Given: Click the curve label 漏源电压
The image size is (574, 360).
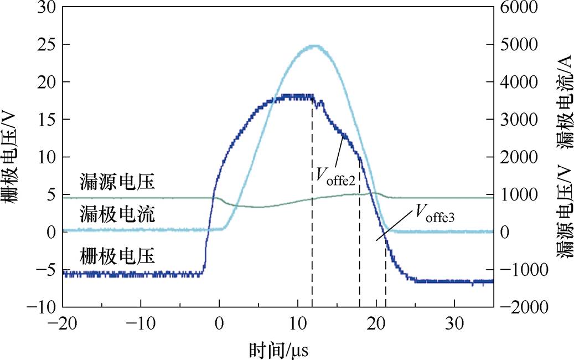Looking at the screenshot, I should click(116, 181).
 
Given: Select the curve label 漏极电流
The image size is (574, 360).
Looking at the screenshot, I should click(116, 214).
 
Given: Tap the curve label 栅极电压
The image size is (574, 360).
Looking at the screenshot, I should click(116, 256).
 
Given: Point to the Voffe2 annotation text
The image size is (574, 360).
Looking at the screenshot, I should click(335, 177).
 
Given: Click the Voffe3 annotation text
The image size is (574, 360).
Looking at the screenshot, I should click(435, 210).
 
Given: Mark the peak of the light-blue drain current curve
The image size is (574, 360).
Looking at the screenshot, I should click(314, 46).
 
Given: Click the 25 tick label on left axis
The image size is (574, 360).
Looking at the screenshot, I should click(46, 44).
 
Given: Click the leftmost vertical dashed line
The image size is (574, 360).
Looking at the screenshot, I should click(312, 222).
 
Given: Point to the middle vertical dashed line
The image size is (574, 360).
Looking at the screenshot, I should click(360, 249).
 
